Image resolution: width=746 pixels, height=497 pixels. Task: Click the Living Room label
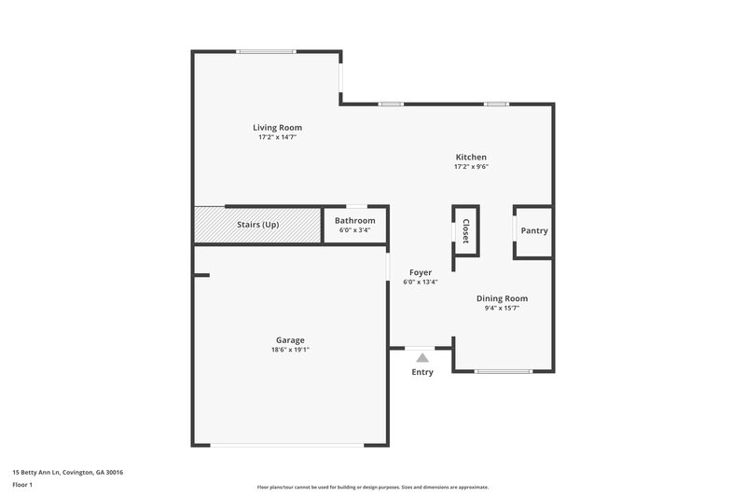click(277, 128)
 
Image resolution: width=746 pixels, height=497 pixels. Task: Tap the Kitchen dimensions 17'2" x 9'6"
click(471, 167)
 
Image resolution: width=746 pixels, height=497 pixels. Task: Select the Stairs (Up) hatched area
click(257, 225)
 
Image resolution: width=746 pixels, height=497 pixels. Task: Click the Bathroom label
click(355, 220)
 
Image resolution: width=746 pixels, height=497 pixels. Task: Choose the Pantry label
click(534, 230)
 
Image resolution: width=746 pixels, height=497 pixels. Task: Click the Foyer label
click(421, 272)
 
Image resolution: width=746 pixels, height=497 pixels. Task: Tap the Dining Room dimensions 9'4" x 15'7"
click(502, 308)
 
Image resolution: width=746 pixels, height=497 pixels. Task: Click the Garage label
click(290, 340)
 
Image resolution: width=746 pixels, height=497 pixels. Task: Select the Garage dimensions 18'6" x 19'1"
click(290, 351)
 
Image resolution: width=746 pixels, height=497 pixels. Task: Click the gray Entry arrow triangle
click(422, 356)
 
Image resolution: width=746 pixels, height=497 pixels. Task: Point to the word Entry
click(422, 372)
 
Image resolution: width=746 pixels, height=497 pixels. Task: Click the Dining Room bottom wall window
click(503, 372)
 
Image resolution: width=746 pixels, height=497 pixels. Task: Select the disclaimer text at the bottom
click(372, 487)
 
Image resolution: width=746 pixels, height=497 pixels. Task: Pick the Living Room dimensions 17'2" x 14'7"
click(277, 137)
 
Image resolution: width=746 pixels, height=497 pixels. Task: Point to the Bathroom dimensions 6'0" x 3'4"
click(355, 229)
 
